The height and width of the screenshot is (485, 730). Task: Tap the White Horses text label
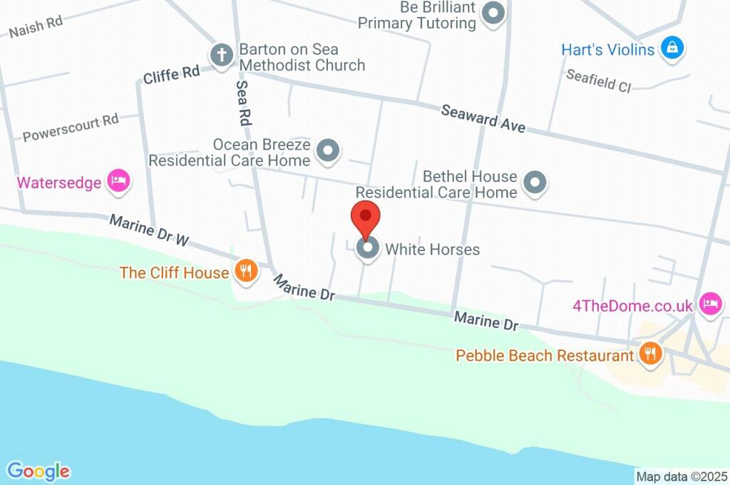tap(432, 250)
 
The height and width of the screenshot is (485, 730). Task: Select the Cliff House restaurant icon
tap(246, 272)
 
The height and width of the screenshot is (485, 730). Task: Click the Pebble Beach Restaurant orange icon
tap(649, 354)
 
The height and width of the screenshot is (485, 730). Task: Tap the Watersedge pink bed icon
tap(118, 181)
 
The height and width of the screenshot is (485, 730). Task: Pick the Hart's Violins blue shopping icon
tap(672, 49)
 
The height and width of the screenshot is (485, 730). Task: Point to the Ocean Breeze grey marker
tap(329, 150)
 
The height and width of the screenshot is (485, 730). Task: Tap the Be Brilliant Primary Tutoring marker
tap(493, 14)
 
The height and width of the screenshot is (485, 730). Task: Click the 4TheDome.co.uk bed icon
tap(710, 305)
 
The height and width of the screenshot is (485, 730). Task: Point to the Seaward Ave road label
tap(483, 118)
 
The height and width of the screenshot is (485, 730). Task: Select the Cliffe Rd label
tap(171, 74)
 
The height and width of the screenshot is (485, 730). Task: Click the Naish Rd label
tap(36, 26)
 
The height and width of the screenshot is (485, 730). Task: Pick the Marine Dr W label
tap(149, 231)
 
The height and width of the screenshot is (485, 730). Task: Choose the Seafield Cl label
tap(599, 81)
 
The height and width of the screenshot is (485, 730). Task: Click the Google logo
tap(38, 471)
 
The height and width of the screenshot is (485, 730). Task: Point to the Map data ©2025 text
tap(682, 476)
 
